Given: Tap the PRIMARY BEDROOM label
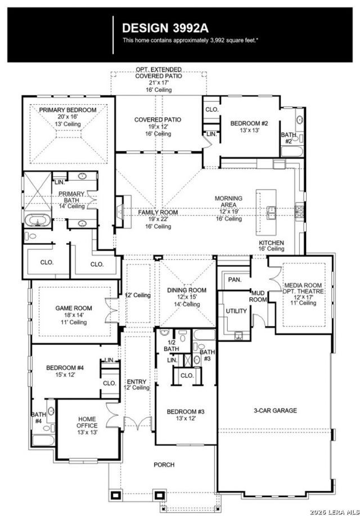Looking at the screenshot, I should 67,110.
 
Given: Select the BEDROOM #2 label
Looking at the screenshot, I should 248,124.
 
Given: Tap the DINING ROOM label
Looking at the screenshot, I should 187,290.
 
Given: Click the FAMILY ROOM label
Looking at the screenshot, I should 158,212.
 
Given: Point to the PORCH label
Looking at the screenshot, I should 164,465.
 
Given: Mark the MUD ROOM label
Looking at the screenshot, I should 258,297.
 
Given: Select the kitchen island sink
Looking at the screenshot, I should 272,212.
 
